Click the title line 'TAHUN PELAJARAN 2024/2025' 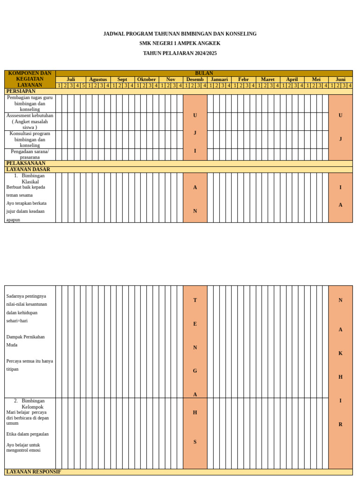tap(180, 53)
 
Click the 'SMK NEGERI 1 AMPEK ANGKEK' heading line tap(180, 44)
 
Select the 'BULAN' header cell tap(204, 74)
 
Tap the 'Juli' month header tap(71, 80)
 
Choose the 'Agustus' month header tap(98, 80)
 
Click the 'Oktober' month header tap(147, 80)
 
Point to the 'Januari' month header tap(219, 80)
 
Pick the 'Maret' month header tap(268, 80)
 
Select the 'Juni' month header tap(340, 80)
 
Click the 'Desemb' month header tap(195, 80)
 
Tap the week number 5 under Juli tap(83, 86)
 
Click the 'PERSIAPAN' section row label tap(21, 91)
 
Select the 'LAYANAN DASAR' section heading tap(28, 170)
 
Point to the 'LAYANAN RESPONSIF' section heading tap(34, 472)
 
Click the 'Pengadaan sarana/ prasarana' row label tap(30, 154)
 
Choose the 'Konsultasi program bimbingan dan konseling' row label tap(30, 139)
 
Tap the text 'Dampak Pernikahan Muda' tap(26, 341)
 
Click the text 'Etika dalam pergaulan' tap(27, 434)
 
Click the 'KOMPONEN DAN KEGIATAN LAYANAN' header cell tap(30, 79)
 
